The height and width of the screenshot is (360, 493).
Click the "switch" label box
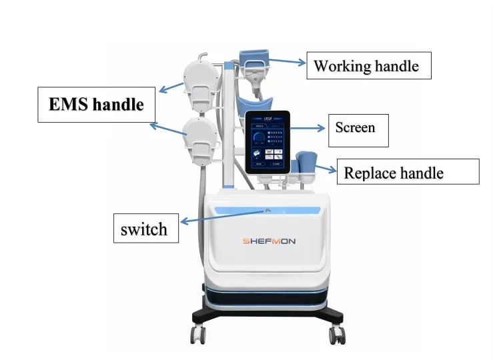[x=144, y=229]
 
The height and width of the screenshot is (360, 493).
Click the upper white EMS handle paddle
[x=199, y=83]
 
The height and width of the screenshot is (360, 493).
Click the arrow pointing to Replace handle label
[x=325, y=167]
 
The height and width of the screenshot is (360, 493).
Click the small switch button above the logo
[x=267, y=211]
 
